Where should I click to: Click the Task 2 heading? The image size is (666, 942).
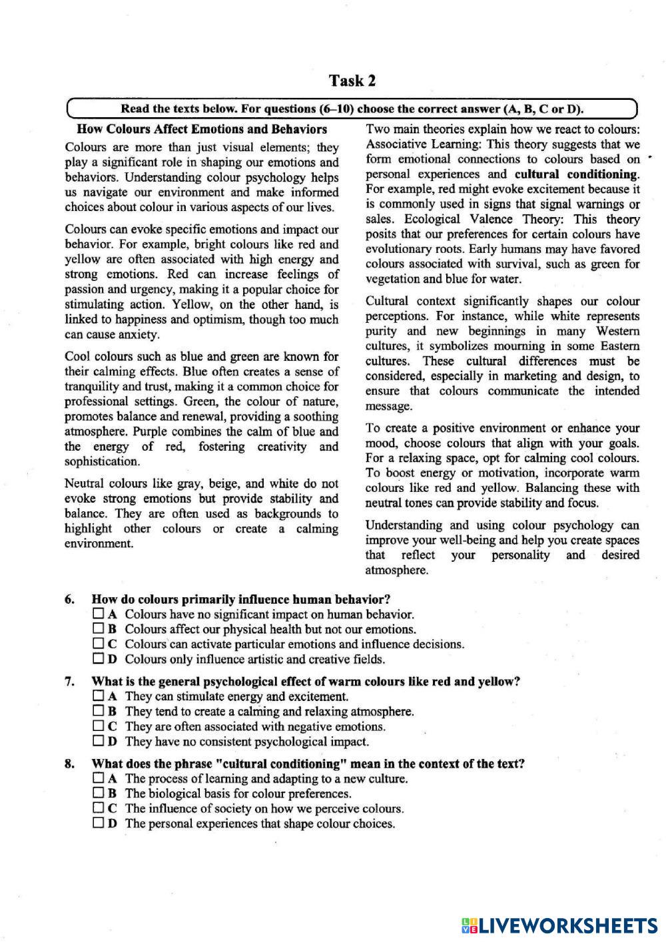pos(352,81)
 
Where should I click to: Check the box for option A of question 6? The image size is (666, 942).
pos(99,614)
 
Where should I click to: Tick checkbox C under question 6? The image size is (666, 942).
pos(99,644)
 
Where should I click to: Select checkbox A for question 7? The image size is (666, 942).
pos(99,696)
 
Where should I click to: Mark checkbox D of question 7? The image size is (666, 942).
pos(99,740)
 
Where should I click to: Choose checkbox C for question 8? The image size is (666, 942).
pos(99,808)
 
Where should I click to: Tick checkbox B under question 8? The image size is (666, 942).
pos(99,793)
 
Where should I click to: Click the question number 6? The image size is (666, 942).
pos(69,599)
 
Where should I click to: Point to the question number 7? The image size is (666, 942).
pos(69,681)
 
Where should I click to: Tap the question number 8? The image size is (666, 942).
pos(69,764)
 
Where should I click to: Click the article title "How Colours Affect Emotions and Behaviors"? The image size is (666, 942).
pos(202,129)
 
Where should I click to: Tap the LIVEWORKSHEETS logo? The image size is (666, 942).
pos(559,925)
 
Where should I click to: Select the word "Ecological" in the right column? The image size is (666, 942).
pos(432,219)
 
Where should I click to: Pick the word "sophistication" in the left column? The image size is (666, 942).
pos(102,461)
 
